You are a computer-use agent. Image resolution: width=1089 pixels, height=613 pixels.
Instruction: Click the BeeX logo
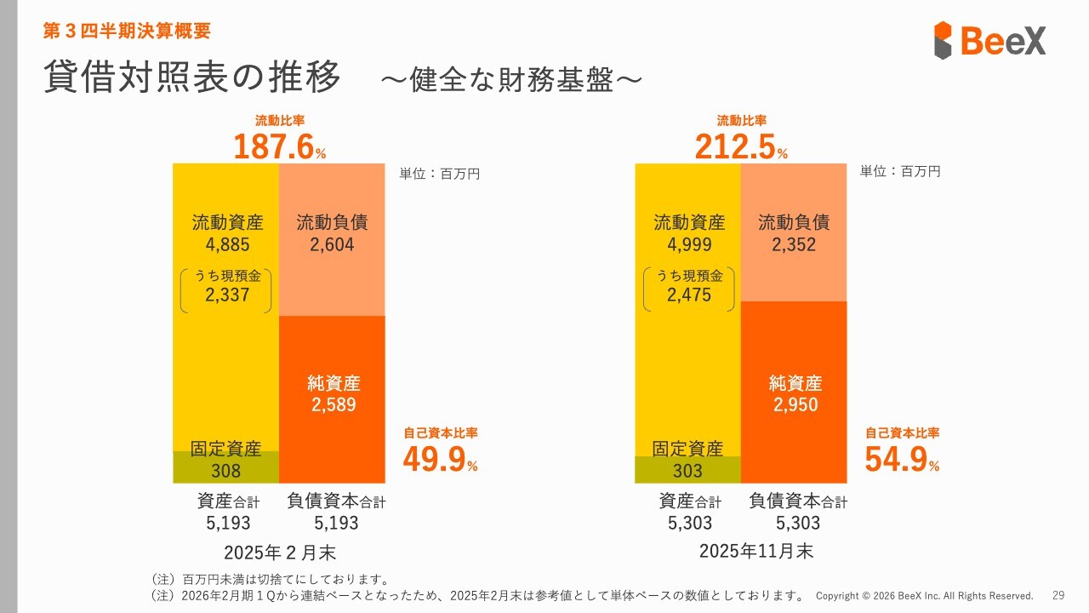coord(989,40)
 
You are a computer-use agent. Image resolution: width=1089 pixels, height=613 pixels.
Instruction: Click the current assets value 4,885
coord(227,245)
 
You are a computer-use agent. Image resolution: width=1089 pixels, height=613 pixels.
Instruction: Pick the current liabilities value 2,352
coord(794,245)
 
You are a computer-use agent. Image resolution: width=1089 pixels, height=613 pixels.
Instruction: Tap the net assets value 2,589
coord(333,405)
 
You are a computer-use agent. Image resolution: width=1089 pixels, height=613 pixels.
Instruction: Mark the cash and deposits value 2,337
coord(227,295)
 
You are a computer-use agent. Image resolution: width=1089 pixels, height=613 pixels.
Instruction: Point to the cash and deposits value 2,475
coord(689,295)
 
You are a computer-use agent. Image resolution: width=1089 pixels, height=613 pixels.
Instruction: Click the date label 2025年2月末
coord(279,552)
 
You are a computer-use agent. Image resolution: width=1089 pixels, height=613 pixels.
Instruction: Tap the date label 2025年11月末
coord(755,551)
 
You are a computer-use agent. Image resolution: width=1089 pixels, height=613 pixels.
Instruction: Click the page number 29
coord(1058,595)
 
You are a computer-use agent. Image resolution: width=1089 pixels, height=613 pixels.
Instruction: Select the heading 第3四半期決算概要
coord(127,32)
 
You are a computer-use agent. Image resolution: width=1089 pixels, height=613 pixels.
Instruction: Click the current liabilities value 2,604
coord(332,245)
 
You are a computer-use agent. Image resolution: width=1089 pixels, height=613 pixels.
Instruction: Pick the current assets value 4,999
coord(689,245)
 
